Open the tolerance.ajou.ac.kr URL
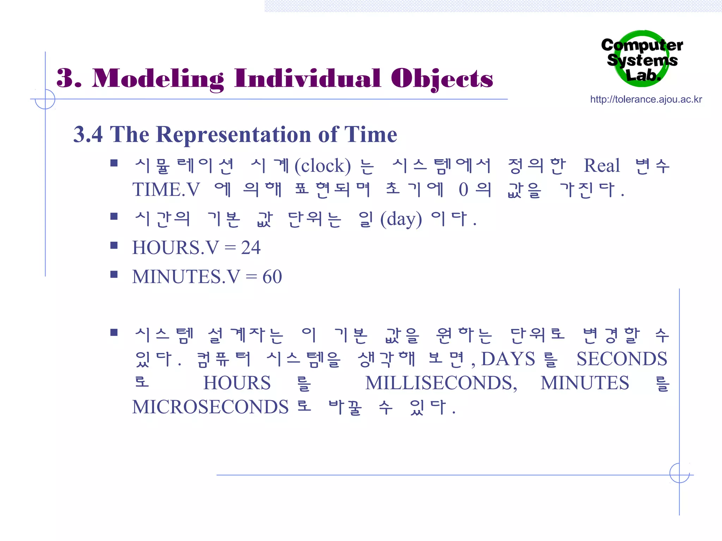coord(646,100)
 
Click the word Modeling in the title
coord(158,79)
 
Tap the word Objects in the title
coord(442,79)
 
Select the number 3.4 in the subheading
coord(88,135)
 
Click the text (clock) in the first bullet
coord(323,166)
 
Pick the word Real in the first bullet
coord(601,166)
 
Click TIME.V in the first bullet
coord(166,190)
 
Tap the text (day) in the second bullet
coord(401,219)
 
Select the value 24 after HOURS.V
coord(251,248)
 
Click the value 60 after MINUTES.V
coord(272,277)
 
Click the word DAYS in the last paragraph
coord(508,359)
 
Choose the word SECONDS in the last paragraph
coord(622,359)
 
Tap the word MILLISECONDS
coord(441,383)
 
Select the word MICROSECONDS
coord(210,407)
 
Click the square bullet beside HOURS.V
coord(114,245)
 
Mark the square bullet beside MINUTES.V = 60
coord(114,274)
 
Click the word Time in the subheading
coord(371,135)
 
